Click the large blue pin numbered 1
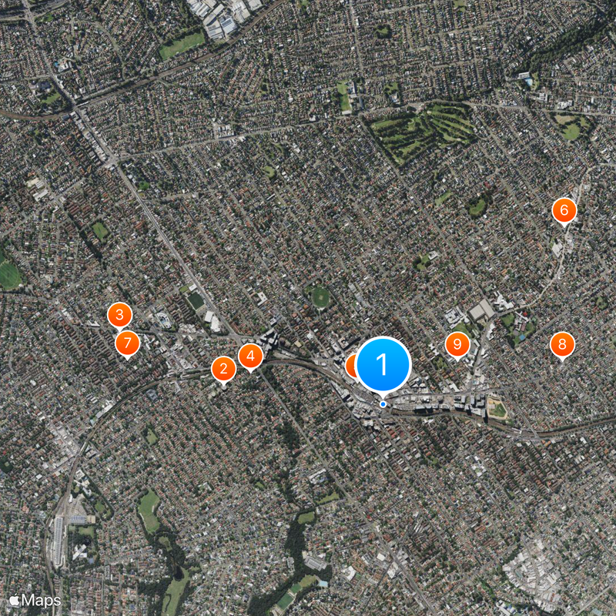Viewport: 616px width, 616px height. (x=383, y=363)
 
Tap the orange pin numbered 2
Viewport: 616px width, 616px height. (x=223, y=369)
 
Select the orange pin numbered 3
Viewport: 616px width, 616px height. (x=119, y=314)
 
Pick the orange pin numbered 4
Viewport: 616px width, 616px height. (x=250, y=356)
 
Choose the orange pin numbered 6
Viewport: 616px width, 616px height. (x=564, y=210)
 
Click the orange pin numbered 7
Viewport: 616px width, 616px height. (x=127, y=343)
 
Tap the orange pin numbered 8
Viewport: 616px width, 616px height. (x=562, y=344)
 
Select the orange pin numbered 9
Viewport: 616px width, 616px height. (x=457, y=343)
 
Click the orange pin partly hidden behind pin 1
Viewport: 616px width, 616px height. (x=351, y=365)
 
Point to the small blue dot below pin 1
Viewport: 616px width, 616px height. (x=383, y=404)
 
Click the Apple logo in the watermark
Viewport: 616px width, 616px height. (x=15, y=599)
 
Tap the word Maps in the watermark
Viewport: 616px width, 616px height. (x=41, y=599)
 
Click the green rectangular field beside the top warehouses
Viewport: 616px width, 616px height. (x=182, y=45)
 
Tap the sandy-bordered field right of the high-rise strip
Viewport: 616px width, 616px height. (x=498, y=409)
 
